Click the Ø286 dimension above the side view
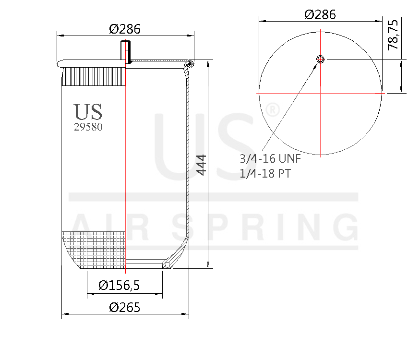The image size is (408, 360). (125, 29)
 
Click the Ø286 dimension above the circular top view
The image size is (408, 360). (320, 14)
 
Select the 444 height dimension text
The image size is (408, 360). (201, 165)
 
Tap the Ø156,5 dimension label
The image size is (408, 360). (119, 286)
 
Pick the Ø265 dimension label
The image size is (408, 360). (125, 307)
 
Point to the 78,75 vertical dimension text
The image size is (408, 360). (393, 35)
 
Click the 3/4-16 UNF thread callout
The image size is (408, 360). (269, 159)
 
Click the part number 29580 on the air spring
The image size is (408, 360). (88, 128)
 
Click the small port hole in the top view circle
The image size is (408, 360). (321, 59)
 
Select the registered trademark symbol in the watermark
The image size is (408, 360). (272, 110)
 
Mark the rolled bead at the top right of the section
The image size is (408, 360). (191, 64)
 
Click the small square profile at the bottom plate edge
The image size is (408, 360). (167, 264)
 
